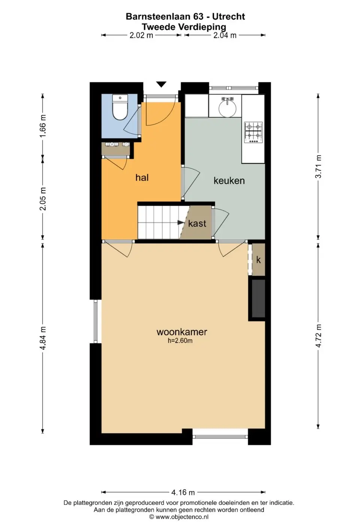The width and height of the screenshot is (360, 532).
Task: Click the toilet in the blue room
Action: coord(120,107)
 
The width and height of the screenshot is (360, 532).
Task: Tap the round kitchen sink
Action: coord(228,109)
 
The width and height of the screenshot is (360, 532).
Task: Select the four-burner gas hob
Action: coord(253,133)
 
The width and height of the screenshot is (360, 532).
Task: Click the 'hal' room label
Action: coord(142,178)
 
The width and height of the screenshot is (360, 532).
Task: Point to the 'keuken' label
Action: coord(229,181)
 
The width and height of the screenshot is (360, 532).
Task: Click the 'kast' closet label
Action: coord(197,224)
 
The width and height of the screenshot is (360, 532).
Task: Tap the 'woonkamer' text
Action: coord(181,332)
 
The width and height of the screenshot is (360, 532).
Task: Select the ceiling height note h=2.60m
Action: coord(180,341)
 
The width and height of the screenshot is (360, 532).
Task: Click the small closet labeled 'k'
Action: coord(258,260)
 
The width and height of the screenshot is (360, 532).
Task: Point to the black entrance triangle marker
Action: coord(161,84)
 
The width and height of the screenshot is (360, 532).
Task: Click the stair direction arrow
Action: coord(181,223)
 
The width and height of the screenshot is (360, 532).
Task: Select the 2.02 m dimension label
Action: coord(141,35)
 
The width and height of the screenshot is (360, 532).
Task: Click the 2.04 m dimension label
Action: coord(225,35)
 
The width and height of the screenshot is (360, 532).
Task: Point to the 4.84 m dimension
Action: coord(43,338)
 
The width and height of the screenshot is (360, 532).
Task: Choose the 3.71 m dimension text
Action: coord(318,166)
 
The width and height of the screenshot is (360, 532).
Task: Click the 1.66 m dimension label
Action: coord(43,126)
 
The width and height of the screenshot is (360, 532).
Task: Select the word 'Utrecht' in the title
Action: coord(228,16)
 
